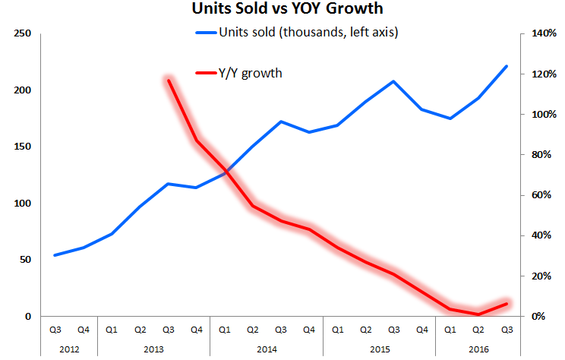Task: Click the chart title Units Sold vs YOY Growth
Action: (282, 11)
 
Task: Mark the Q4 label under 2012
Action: (84, 330)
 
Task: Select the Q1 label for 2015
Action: (337, 330)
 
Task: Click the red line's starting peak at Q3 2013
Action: (169, 80)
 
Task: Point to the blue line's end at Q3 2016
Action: (507, 66)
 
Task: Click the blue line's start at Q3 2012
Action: (55, 255)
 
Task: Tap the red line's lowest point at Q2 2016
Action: (478, 314)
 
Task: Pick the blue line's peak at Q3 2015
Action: (393, 81)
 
